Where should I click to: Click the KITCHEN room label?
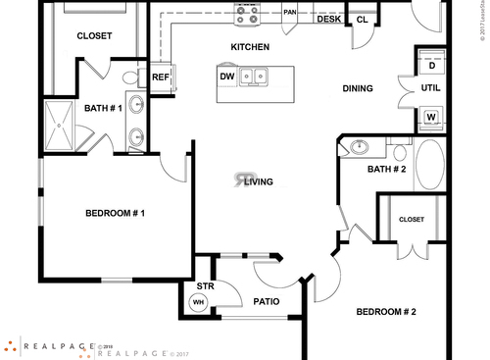[x=250, y=47]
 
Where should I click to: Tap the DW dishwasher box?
[x=227, y=76]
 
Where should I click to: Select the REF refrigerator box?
[x=160, y=77]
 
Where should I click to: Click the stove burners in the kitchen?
[x=248, y=16]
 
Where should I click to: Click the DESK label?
[x=329, y=19]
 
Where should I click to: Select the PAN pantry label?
[x=290, y=13]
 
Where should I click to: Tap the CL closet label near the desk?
[x=362, y=20]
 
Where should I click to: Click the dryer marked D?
[x=432, y=65]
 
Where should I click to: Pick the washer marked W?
[x=432, y=118]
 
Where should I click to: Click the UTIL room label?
[x=431, y=88]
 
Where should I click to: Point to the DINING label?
[x=358, y=89]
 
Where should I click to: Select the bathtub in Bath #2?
[x=430, y=165]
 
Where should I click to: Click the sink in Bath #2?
[x=359, y=148]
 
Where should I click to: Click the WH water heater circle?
[x=198, y=302]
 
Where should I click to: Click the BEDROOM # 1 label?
[x=116, y=213]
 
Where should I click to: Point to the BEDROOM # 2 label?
[x=386, y=312]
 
